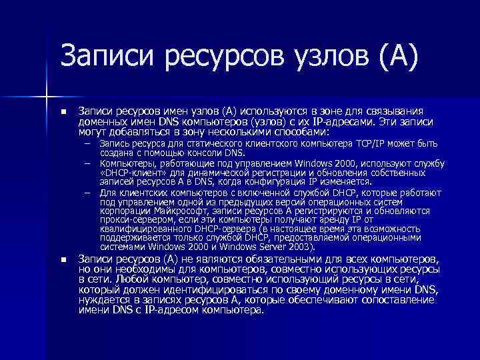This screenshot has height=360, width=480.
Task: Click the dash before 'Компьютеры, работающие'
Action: (87, 162)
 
